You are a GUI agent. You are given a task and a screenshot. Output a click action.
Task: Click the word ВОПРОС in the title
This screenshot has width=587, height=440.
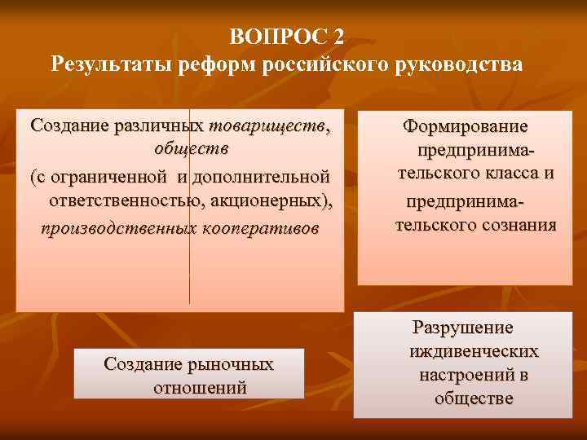click(x=277, y=37)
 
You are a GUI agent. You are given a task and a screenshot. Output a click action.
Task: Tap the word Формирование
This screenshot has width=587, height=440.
click(x=466, y=127)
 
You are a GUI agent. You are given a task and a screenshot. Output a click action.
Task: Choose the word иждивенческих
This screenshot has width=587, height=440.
click(x=474, y=351)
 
